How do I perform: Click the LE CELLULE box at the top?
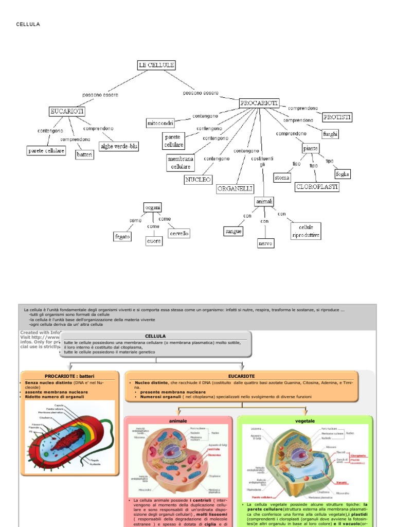pyautogui.click(x=156, y=65)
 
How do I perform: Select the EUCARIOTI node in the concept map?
pyautogui.click(x=66, y=111)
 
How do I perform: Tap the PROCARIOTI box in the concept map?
pyautogui.click(x=259, y=103)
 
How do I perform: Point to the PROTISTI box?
pyautogui.click(x=337, y=117)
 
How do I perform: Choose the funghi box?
pyautogui.click(x=330, y=134)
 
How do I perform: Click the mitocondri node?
pyautogui.click(x=160, y=124)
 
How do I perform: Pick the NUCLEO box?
pyautogui.click(x=198, y=180)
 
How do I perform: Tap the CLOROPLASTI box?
pyautogui.click(x=317, y=187)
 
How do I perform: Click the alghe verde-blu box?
pyautogui.click(x=119, y=146)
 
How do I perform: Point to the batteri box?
pyautogui.click(x=85, y=154)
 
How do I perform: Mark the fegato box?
pyautogui.click(x=123, y=237)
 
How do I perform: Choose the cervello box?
pyautogui.click(x=179, y=233)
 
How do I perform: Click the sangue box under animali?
pyautogui.click(x=233, y=232)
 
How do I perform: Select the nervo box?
pyautogui.click(x=265, y=243)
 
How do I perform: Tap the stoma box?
pyautogui.click(x=282, y=178)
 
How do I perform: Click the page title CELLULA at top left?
pyautogui.click(x=28, y=24)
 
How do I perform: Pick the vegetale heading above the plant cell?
pyautogui.click(x=304, y=420)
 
